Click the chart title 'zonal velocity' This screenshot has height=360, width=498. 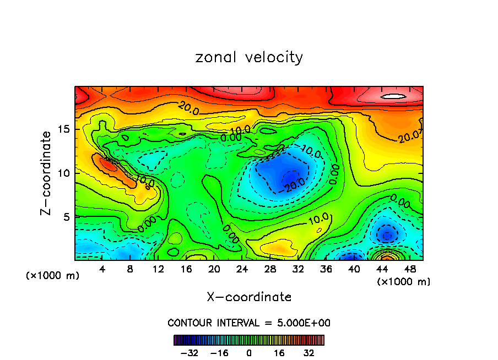[x=249, y=57]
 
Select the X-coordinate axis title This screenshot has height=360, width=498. [x=249, y=297]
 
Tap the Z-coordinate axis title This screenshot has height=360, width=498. [x=47, y=173]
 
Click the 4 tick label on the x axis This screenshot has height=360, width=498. [x=102, y=269]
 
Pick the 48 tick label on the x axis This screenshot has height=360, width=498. [x=409, y=269]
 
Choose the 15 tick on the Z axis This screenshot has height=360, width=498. [x=64, y=129]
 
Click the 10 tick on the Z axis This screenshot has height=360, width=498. [x=64, y=173]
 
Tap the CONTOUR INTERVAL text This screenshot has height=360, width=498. [x=249, y=323]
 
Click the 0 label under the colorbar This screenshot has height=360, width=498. [x=249, y=352]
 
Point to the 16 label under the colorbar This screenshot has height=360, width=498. [x=279, y=352]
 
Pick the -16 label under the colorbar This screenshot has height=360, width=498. [x=219, y=352]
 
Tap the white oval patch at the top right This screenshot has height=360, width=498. [x=393, y=96]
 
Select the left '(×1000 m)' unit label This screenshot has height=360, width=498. [x=53, y=275]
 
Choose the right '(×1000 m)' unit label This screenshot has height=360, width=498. [x=404, y=282]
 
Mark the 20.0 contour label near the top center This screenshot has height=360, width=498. [x=188, y=108]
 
